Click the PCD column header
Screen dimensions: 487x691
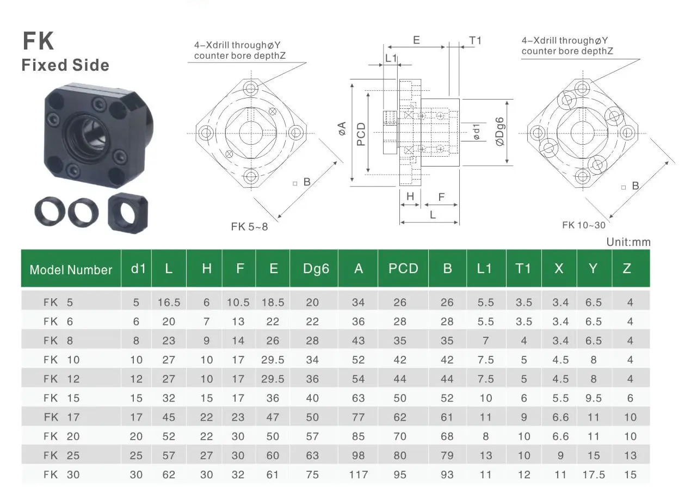point(403,268)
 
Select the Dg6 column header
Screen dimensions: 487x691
point(316,268)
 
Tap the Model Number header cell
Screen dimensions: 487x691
point(71,269)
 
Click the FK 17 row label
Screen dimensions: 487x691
point(61,417)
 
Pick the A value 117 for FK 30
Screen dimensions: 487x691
point(358,474)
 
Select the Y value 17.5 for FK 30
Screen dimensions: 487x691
point(594,474)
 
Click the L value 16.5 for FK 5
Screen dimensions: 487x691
point(169,303)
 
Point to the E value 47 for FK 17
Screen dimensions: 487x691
point(273,417)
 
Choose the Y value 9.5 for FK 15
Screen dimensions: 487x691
point(594,398)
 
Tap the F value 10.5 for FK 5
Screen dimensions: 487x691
point(238,303)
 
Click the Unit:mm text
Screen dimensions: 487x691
point(628,242)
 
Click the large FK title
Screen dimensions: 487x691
point(38,41)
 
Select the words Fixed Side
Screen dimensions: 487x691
point(65,65)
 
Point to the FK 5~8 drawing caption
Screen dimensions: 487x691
point(249,227)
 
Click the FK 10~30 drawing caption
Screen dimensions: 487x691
point(583,225)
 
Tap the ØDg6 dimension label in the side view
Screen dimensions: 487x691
point(500,132)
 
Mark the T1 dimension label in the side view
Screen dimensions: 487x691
point(475,40)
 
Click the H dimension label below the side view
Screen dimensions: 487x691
point(410,196)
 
